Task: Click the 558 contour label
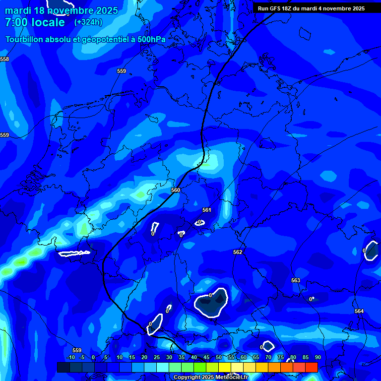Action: click(4, 59)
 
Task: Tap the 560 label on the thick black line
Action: click(176, 190)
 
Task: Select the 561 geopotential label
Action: click(207, 210)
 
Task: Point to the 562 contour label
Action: click(238, 252)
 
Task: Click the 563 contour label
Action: click(296, 280)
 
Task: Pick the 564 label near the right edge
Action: click(359, 311)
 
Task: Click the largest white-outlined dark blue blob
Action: click(210, 303)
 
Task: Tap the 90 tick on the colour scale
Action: click(317, 357)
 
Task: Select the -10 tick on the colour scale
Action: click(70, 357)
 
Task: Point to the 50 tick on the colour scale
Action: click(219, 357)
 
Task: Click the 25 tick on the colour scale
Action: click(157, 357)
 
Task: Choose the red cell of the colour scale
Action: click(311, 367)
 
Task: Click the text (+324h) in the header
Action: click(88, 22)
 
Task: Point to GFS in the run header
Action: click(277, 8)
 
